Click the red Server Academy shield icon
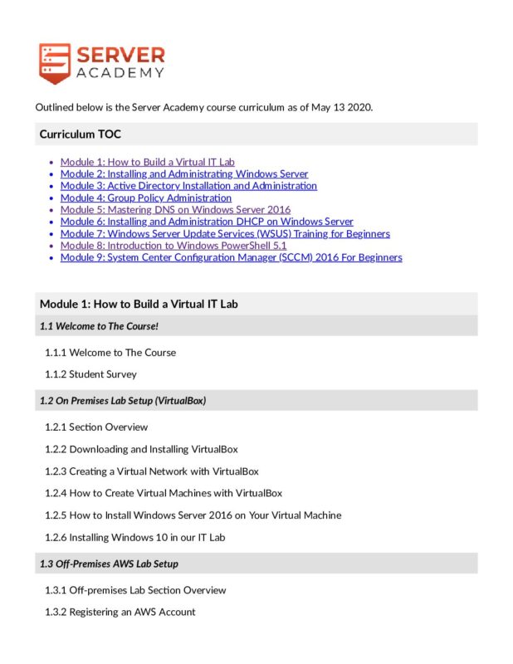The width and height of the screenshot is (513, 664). click(x=54, y=63)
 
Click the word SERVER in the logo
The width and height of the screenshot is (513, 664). click(x=120, y=55)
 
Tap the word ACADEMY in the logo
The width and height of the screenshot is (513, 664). click(x=120, y=73)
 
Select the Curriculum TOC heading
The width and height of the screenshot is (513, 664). click(x=81, y=134)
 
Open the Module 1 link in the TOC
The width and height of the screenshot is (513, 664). click(x=147, y=162)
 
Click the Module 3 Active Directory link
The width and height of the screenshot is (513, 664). click(x=188, y=186)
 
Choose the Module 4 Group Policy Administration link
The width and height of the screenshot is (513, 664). click(x=146, y=198)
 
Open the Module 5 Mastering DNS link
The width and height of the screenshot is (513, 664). click(x=175, y=210)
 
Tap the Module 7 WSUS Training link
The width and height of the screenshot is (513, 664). click(x=225, y=233)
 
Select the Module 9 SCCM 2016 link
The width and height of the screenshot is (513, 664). click(x=231, y=257)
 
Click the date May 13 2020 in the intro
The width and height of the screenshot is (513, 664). click(x=340, y=108)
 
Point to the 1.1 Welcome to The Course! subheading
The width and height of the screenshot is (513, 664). click(x=99, y=325)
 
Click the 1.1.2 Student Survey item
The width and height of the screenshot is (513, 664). click(x=91, y=373)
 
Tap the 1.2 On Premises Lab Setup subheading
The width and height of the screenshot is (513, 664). click(x=123, y=400)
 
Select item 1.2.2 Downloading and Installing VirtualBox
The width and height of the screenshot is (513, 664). click(x=141, y=449)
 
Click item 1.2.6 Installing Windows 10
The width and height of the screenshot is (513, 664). click(x=135, y=537)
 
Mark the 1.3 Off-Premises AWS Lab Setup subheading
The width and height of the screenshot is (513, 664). click(x=109, y=564)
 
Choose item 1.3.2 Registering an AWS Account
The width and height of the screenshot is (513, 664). click(x=120, y=612)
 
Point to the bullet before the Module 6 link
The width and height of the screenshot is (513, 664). click(x=51, y=222)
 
